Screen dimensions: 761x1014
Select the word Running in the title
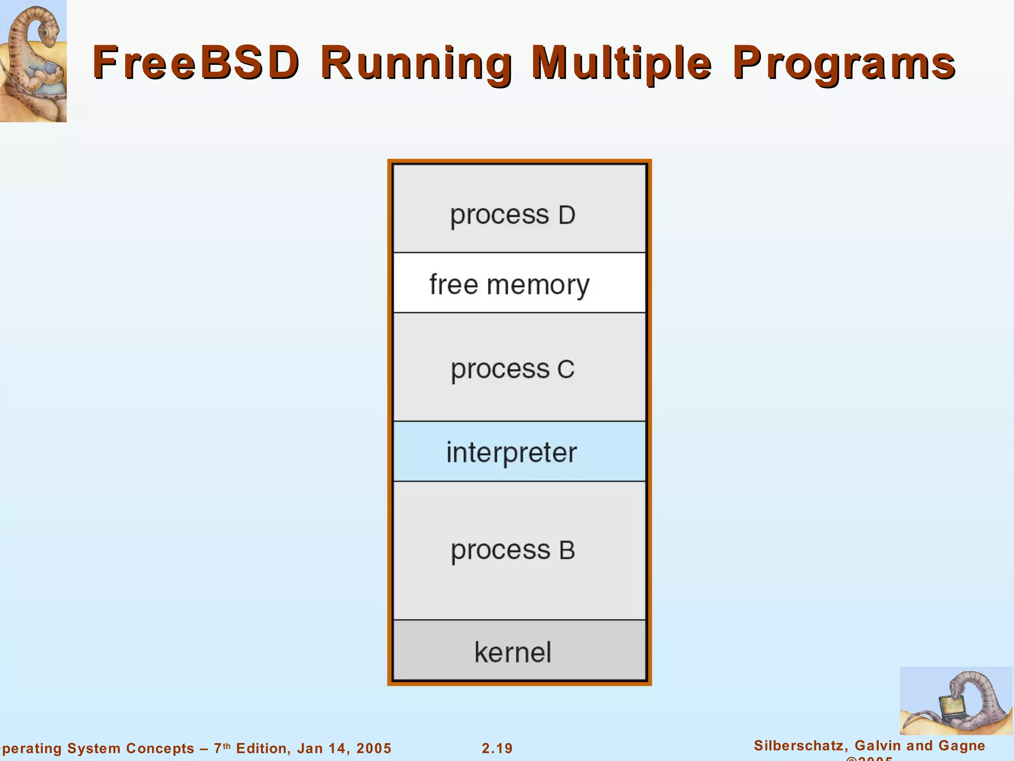[x=416, y=64]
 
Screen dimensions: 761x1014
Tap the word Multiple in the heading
[x=621, y=64]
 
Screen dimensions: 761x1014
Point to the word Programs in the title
[x=844, y=64]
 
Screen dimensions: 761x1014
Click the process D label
[x=512, y=215]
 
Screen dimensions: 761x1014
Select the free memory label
[x=509, y=285]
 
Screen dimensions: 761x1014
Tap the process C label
[x=512, y=370]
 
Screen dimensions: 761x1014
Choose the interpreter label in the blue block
[x=511, y=452]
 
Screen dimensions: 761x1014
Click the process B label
[x=513, y=550]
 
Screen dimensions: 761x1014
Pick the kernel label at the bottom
[x=513, y=652]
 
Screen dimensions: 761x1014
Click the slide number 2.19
[x=497, y=748]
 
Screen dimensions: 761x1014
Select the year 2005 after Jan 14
[x=374, y=748]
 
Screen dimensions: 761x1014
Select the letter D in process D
[x=567, y=215]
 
